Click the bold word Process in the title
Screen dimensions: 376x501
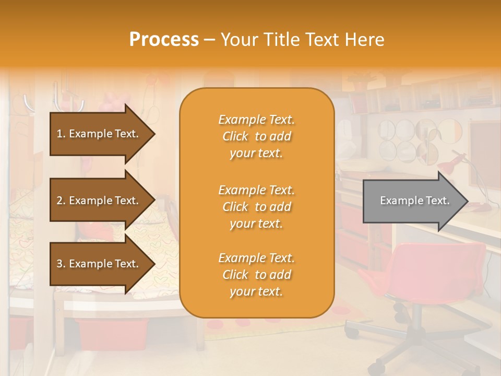coord(164,40)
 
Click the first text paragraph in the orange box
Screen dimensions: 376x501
coord(256,136)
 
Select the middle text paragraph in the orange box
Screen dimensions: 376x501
coord(256,207)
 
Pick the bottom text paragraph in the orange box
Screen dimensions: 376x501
coord(256,275)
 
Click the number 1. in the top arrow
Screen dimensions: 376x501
coord(61,134)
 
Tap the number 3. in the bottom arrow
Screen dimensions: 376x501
coord(61,264)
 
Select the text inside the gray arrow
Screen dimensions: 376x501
coord(414,201)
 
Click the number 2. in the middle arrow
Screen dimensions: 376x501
coord(61,201)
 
